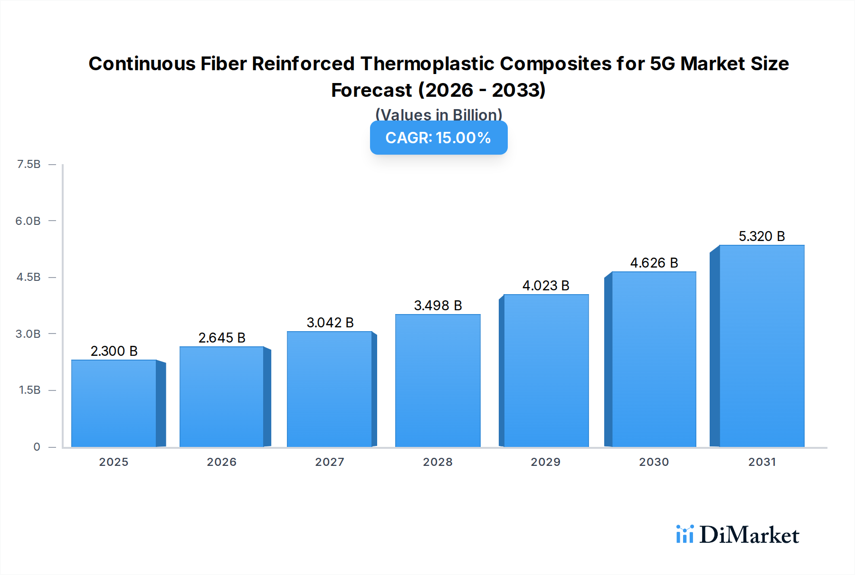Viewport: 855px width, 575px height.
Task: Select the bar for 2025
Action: click(x=114, y=403)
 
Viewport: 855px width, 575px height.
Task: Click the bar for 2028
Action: click(x=437, y=380)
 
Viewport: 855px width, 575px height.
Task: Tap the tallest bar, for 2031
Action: click(x=761, y=346)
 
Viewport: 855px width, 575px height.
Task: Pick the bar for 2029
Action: click(x=546, y=371)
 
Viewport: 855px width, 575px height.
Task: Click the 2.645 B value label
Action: click(x=222, y=338)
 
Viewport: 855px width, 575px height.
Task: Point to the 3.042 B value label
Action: click(x=330, y=323)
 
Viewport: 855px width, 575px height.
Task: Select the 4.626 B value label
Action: click(x=654, y=263)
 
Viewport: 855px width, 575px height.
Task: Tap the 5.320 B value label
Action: click(x=761, y=236)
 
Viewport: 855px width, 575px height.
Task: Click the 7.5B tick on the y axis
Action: click(x=29, y=164)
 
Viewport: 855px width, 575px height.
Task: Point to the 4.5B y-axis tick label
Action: click(x=29, y=277)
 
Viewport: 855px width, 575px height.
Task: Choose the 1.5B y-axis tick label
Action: click(x=30, y=390)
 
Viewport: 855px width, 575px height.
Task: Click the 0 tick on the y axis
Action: click(x=37, y=447)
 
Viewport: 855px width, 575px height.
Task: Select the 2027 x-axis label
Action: click(x=330, y=462)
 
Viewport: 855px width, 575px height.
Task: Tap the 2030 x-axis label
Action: click(x=654, y=462)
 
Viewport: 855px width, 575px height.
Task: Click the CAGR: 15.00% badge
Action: click(x=438, y=138)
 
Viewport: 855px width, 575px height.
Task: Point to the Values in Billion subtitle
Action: click(x=438, y=114)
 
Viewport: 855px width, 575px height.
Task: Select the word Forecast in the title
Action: click(x=371, y=90)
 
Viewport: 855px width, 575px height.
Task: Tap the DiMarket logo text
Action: click(x=749, y=535)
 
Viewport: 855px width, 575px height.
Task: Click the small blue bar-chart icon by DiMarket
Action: click(x=685, y=534)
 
